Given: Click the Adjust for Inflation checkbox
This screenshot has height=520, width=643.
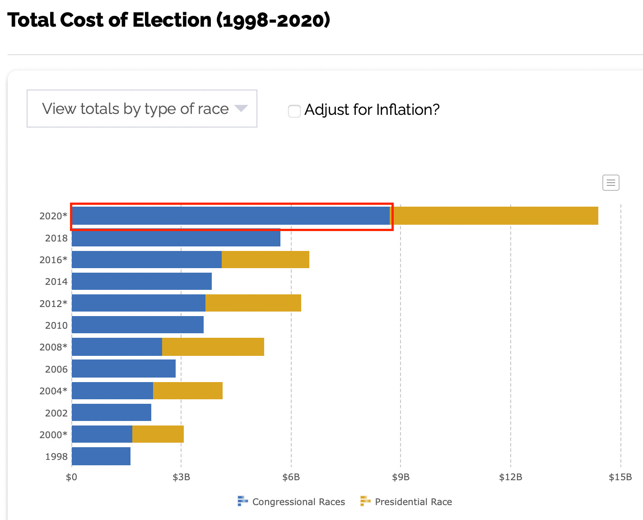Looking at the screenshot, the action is (294, 111).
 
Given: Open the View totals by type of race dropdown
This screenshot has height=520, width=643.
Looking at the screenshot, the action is (142, 109).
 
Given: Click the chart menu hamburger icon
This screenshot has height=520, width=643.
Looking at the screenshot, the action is (610, 183).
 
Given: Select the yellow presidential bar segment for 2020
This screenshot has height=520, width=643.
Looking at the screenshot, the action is (494, 216).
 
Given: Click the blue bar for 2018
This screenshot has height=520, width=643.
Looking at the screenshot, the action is (176, 238).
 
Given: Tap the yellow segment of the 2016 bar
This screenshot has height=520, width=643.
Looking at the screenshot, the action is (266, 260).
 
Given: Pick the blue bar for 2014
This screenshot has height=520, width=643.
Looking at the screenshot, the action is (142, 281).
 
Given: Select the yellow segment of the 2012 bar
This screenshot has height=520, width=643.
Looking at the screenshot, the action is (253, 303).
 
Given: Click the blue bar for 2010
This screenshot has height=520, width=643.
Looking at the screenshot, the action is (138, 324).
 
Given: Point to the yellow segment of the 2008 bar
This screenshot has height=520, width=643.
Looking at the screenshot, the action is (213, 347).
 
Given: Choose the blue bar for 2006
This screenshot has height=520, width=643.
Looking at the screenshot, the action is (124, 368).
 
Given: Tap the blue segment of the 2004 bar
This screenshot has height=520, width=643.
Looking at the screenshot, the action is (112, 391).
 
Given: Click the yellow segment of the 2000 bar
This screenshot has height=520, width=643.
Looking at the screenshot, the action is (158, 434).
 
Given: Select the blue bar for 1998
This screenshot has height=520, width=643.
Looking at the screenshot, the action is (101, 456).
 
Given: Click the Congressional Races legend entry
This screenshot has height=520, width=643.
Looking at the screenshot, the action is (291, 501).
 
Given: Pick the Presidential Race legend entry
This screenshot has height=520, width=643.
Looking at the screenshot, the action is (406, 501).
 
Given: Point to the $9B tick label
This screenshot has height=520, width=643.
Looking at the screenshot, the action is (401, 477).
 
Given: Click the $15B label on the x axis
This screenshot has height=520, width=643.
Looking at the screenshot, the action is (620, 477).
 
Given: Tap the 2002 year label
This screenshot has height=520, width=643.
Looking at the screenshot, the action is (56, 413).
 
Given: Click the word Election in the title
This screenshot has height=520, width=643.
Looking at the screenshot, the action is (172, 20).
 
